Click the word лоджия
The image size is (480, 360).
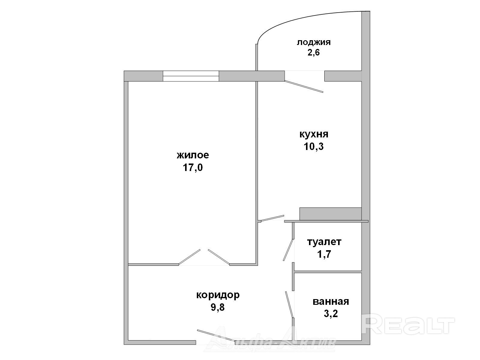[x=313, y=42]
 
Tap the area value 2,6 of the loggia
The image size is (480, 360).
[x=313, y=53]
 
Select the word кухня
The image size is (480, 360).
[x=314, y=134]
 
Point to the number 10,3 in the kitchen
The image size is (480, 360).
[x=313, y=146]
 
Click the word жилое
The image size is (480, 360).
[x=193, y=155]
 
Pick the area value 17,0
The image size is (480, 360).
[x=193, y=168]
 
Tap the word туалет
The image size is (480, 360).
[x=324, y=242]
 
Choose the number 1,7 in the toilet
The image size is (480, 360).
[x=324, y=254]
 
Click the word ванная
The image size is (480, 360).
[x=331, y=301]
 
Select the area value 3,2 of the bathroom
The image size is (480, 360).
[x=331, y=314]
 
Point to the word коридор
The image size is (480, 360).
[x=218, y=295]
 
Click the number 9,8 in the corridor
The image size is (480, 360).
[x=218, y=307]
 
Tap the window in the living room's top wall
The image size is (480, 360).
[x=191, y=76]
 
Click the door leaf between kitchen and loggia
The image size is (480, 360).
[x=304, y=87]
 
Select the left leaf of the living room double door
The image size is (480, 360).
[x=190, y=257]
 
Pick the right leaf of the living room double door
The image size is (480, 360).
[x=219, y=257]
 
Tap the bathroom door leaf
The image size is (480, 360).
[x=289, y=304]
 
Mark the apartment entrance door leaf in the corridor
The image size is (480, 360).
[x=216, y=335]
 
